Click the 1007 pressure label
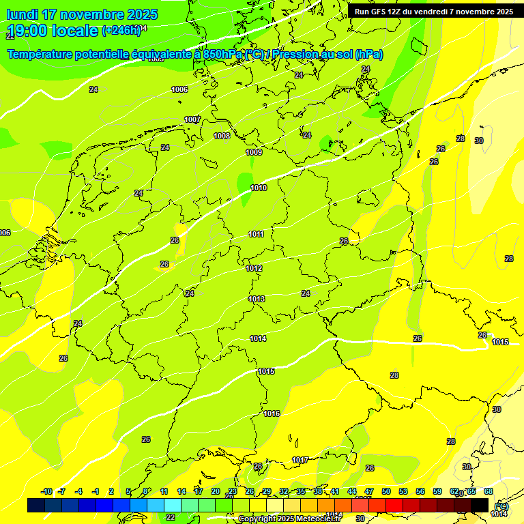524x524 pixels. (x=192, y=119)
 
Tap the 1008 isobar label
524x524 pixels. (x=222, y=136)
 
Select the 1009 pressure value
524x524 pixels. (x=254, y=152)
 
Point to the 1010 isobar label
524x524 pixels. (x=259, y=188)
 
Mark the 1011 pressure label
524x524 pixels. (x=256, y=234)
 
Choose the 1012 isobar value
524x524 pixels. (x=254, y=268)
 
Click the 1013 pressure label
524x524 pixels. (x=257, y=299)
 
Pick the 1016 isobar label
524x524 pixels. (x=272, y=413)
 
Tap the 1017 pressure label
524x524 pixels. (x=300, y=460)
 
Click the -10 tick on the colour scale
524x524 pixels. (x=46, y=491)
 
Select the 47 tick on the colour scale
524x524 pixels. (x=369, y=491)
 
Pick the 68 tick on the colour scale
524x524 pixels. (x=489, y=491)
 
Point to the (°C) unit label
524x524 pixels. (x=501, y=506)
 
